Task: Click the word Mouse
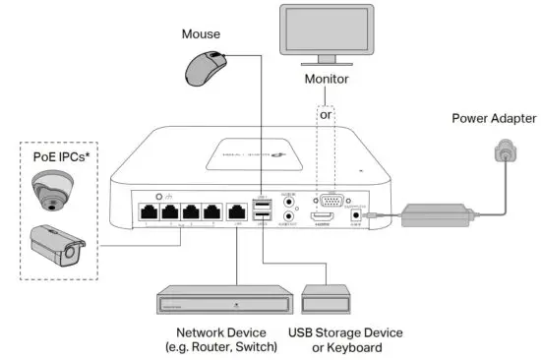click(x=202, y=33)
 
